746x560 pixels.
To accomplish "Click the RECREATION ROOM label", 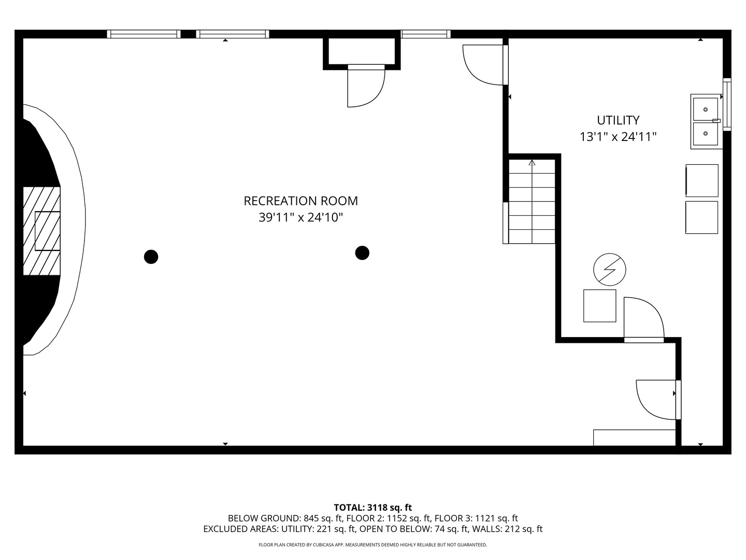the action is (x=301, y=201).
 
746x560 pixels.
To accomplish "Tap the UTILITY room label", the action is (x=618, y=120).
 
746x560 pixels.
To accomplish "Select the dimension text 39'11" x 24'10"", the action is (x=301, y=217).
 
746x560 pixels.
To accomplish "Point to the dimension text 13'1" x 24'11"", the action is (x=618, y=137).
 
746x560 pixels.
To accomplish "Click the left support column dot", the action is (x=151, y=257).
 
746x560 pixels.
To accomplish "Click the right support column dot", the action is (x=362, y=253).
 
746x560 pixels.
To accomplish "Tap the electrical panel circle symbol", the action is (x=610, y=270).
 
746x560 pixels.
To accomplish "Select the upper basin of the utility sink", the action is (x=706, y=109).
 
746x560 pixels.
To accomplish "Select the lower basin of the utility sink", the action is (x=706, y=134).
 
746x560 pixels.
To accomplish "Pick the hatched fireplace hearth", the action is (x=42, y=231).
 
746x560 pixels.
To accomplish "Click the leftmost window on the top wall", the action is (x=144, y=34).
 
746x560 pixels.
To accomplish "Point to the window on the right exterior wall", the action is (x=727, y=104).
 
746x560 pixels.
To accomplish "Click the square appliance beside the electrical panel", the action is (x=600, y=306).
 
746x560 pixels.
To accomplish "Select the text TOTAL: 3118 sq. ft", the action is (x=373, y=508).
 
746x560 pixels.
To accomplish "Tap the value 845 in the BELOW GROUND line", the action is (x=311, y=519).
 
